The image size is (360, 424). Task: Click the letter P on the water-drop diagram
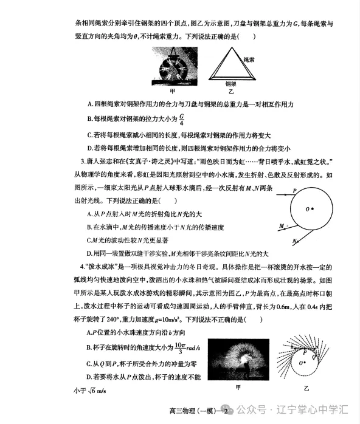[294, 190]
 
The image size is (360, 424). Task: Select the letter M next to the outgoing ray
[281, 226]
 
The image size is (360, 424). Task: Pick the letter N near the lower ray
[295, 241]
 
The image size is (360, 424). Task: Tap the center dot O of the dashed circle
[305, 363]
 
